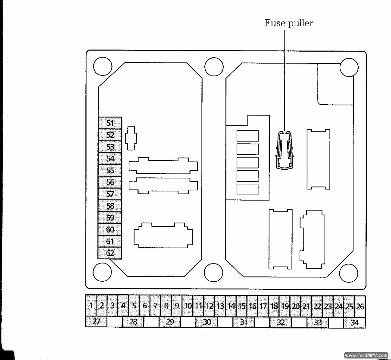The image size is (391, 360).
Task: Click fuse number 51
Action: click(x=110, y=123)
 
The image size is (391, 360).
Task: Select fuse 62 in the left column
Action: click(x=110, y=253)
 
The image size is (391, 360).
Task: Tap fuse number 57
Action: click(x=110, y=194)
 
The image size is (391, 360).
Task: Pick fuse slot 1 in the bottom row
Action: click(x=91, y=305)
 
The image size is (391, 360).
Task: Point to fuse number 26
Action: click(x=360, y=306)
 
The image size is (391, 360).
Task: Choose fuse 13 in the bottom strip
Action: click(x=220, y=306)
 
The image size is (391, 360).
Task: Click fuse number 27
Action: click(x=96, y=322)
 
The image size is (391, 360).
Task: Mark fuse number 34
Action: click(x=355, y=322)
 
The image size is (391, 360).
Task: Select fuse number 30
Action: click(x=207, y=322)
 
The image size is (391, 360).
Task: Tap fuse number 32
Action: click(x=281, y=322)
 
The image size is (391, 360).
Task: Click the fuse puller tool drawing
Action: click(x=285, y=150)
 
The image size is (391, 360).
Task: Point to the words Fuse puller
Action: click(x=289, y=24)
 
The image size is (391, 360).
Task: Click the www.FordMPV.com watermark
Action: click(x=366, y=355)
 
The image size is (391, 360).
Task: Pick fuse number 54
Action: click(x=110, y=158)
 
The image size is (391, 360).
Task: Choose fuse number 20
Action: click(x=295, y=306)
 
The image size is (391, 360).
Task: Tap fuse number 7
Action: click(x=155, y=305)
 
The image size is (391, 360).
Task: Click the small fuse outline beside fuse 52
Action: click(x=131, y=138)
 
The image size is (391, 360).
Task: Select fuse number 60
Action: click(x=110, y=229)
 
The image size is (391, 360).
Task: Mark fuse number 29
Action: click(x=170, y=322)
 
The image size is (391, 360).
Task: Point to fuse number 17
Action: click(x=263, y=306)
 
